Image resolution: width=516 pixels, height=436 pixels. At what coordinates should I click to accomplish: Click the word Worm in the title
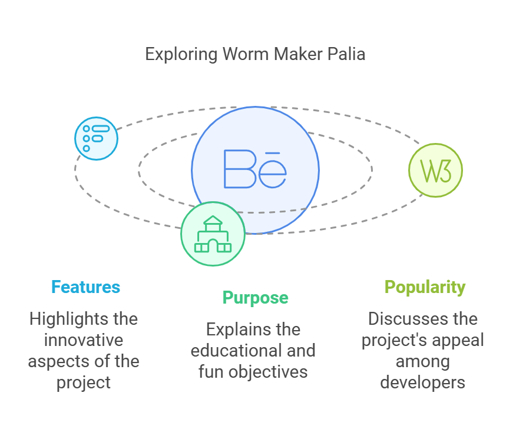[x=246, y=54]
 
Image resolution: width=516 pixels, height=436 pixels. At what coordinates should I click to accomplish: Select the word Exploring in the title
[x=181, y=55]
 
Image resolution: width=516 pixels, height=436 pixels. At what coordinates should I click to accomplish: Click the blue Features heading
[x=85, y=287]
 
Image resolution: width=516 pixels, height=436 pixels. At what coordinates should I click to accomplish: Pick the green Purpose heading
[x=256, y=298]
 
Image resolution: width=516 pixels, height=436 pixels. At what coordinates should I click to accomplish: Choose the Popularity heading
[x=425, y=288]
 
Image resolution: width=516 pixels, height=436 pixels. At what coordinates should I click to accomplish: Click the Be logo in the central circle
[x=255, y=169]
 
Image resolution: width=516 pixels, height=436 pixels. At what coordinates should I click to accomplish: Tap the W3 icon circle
[x=435, y=170]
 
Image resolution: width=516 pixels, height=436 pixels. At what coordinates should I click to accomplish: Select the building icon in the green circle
[x=213, y=234]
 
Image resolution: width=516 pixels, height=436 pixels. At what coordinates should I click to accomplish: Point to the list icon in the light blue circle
[x=96, y=138]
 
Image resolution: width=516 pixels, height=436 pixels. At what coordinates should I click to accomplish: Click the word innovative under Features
[x=84, y=340]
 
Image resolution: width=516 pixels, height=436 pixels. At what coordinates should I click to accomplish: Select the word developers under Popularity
[x=422, y=382]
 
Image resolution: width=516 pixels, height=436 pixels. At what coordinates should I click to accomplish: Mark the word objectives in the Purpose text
[x=268, y=372]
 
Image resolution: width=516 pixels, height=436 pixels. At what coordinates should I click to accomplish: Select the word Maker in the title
[x=298, y=54]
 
